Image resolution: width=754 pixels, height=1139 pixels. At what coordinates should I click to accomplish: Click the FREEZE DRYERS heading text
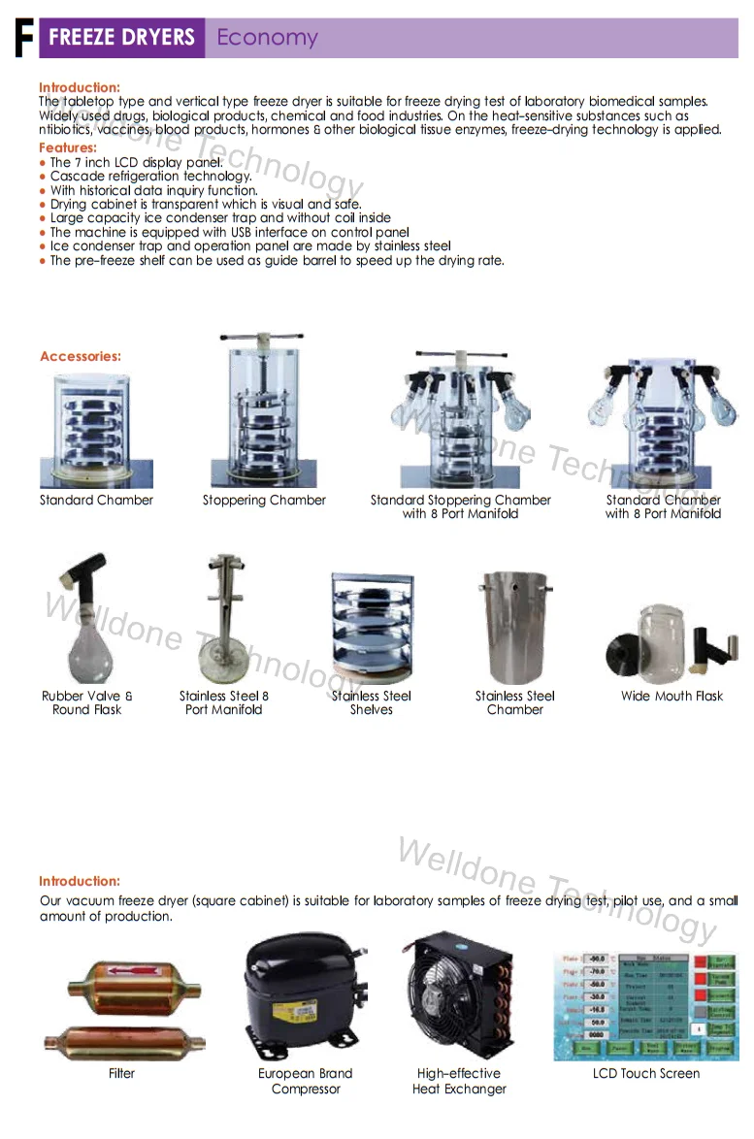pos(121,38)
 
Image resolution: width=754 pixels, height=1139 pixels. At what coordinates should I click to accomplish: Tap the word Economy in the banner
pos(267,38)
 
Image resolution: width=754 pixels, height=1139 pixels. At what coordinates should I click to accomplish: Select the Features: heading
pos(68,147)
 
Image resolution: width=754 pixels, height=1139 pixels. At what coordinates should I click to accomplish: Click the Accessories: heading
pos(81,356)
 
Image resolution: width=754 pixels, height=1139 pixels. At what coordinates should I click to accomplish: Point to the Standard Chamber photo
pos(96,430)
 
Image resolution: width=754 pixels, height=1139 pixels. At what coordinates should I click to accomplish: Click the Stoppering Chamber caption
pos(264,501)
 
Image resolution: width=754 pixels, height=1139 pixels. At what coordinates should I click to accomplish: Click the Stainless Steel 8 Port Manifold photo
pos(224,621)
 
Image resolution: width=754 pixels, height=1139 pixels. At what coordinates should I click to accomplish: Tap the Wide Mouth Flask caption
pos(672,696)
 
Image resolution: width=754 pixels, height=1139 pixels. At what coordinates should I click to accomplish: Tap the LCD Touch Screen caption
pos(646,1073)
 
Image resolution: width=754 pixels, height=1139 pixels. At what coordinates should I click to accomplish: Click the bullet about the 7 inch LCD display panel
pos(136,162)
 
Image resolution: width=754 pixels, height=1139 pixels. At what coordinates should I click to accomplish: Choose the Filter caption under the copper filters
pos(122,1073)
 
